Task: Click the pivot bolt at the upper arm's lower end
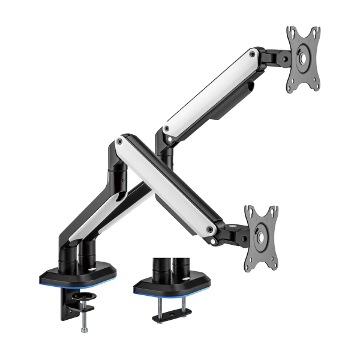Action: click(166, 127)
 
